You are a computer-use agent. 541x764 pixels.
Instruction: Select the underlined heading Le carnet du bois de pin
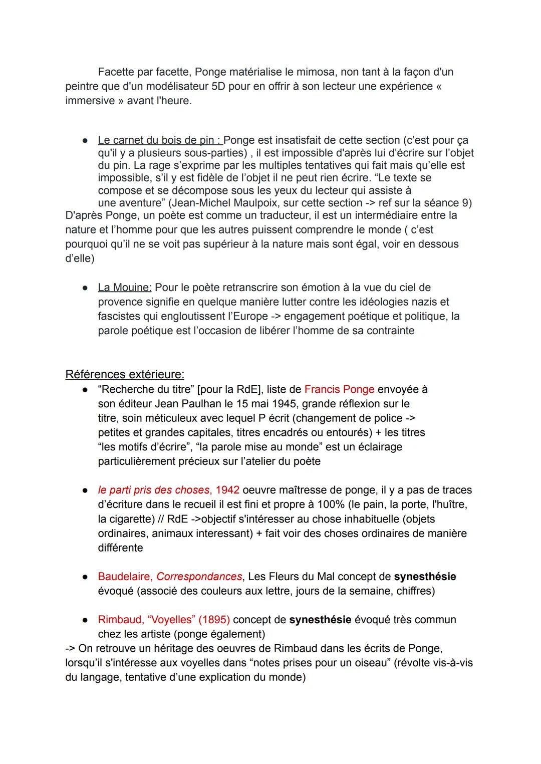[x=160, y=140]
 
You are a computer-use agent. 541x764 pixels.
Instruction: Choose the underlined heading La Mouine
[x=124, y=288]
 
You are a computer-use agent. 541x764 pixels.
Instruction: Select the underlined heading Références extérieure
[x=125, y=374]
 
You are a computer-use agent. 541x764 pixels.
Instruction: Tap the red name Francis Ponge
[x=339, y=389]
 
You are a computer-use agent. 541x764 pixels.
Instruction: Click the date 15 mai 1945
[x=266, y=404]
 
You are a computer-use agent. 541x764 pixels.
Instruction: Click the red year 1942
[x=227, y=490]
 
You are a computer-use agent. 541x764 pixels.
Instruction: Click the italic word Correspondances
[x=199, y=577]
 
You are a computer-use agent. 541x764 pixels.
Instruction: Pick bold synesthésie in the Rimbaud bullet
[x=320, y=620]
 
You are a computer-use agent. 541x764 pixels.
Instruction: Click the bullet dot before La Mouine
[x=86, y=288]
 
